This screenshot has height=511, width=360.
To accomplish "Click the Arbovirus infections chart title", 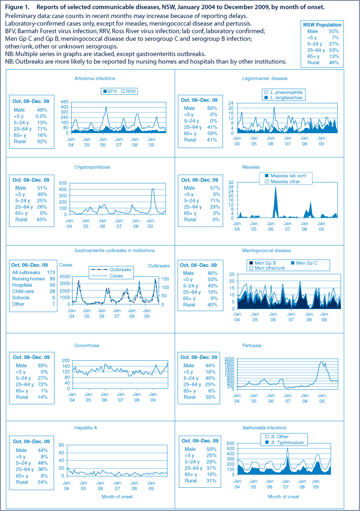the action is (x=94, y=79).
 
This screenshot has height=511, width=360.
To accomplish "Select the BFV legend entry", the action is (x=110, y=91).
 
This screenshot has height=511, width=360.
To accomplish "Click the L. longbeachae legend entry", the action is (x=283, y=98).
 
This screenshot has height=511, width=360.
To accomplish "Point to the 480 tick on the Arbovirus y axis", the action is (x=65, y=102).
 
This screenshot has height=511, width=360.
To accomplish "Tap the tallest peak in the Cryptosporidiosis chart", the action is (x=153, y=189).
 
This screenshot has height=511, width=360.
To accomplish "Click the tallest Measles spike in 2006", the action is (x=276, y=187).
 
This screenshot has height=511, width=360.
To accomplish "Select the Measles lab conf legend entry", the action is (x=285, y=176).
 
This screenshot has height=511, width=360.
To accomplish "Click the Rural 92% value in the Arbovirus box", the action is (x=42, y=141).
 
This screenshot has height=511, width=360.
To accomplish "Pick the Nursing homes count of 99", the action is (x=52, y=279).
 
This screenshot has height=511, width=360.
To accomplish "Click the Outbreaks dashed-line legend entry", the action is (x=111, y=270).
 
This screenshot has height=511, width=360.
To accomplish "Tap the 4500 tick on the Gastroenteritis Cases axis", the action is (x=65, y=277).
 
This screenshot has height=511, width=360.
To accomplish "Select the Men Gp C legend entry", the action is (x=304, y=263).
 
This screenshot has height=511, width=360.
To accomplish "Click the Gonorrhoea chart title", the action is (x=87, y=346).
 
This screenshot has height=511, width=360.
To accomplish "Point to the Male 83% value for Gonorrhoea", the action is (x=43, y=365).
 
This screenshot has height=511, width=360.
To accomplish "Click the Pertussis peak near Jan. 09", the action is (x=322, y=361).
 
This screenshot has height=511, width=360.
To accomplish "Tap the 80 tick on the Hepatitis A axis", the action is (x=61, y=445).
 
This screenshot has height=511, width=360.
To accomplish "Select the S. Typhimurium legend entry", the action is (x=285, y=443).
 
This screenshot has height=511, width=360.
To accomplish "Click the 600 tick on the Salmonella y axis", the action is (x=231, y=443).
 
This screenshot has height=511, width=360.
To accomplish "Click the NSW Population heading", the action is (x=322, y=25).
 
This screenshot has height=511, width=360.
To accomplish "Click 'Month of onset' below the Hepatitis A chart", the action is (x=117, y=497).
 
